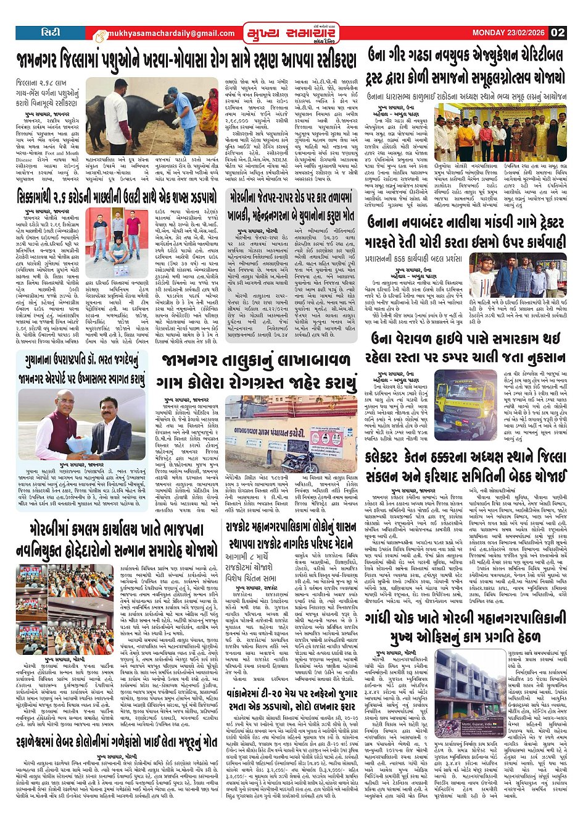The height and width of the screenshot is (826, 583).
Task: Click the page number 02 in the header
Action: point(558,32)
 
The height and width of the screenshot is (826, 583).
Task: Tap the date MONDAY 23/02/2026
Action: point(510,32)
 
